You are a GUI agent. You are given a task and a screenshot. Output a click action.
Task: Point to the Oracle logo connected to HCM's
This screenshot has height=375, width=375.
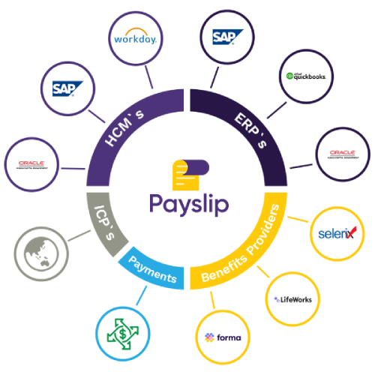31,163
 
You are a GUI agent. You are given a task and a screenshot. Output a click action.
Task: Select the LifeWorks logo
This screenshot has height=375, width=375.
295,298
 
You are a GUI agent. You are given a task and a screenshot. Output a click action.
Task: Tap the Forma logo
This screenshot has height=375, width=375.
223,337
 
